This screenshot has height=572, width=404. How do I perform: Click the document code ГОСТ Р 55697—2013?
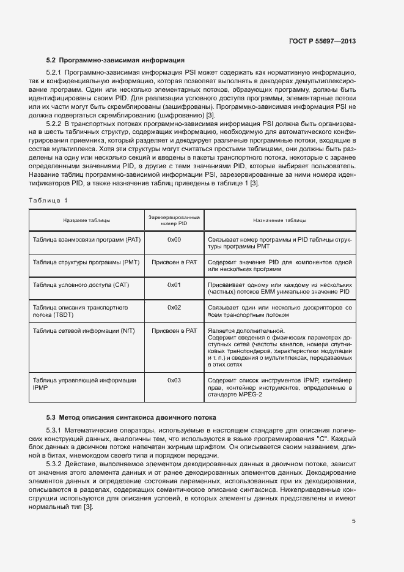click(322, 41)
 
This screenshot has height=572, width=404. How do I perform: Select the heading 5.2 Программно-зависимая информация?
click(116, 60)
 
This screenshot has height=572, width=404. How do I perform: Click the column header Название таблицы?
click(86, 220)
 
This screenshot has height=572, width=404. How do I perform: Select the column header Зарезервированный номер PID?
click(174, 220)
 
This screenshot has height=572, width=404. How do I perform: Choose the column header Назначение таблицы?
click(279, 220)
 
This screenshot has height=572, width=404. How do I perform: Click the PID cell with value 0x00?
click(174, 239)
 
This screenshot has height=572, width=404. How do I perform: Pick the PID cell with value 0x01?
click(174, 285)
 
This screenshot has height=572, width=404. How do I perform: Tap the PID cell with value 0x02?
click(174, 307)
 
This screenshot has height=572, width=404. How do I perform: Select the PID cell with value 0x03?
click(174, 380)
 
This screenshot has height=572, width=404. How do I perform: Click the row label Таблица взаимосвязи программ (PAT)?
click(86, 239)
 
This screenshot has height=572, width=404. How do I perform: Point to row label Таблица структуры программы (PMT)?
click(86, 262)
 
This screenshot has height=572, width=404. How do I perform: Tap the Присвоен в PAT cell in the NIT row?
click(174, 330)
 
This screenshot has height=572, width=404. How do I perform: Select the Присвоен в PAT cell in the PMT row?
click(174, 262)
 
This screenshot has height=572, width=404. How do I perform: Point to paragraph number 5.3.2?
click(55, 464)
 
